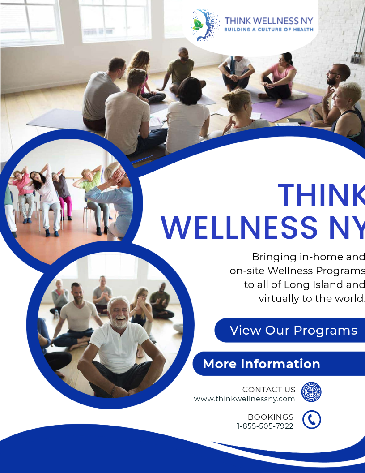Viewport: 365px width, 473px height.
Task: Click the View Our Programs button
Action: point(293,331)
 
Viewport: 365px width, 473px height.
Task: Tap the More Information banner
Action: point(261,364)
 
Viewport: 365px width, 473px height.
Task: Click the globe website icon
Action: point(311,392)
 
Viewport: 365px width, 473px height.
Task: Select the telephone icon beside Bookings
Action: point(312,420)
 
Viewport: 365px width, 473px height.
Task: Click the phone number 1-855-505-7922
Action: point(265,426)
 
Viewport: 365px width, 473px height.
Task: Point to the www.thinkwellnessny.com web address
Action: point(244,399)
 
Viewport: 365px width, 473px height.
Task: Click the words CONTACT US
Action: point(268,390)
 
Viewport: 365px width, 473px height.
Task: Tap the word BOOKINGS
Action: point(271,417)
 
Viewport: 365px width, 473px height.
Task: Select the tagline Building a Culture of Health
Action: point(268,30)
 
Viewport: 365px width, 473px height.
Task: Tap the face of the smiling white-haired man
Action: point(118,313)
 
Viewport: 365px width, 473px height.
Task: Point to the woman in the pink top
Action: point(281,76)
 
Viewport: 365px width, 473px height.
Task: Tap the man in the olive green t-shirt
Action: point(182,69)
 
